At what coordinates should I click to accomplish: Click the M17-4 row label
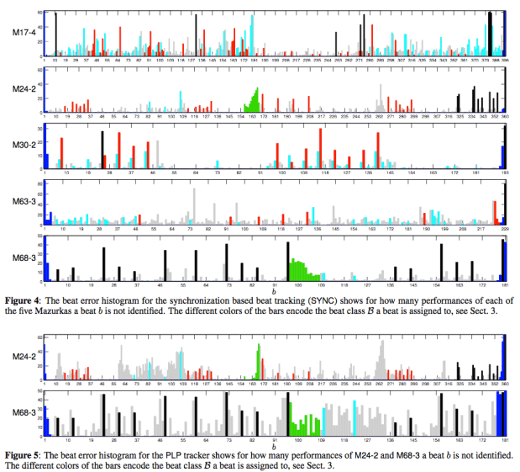coord(23,32)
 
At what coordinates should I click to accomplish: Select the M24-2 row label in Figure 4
coord(23,89)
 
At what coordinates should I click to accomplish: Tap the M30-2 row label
coord(23,145)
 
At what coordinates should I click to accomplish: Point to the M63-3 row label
coord(23,202)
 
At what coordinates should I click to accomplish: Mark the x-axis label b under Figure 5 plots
coord(275,444)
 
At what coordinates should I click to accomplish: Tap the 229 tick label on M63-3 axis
coord(505,228)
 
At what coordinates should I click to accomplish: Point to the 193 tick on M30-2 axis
coord(505,172)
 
